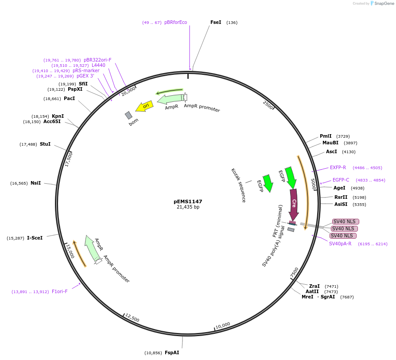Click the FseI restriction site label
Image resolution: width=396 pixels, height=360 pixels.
pyautogui.click(x=216, y=22)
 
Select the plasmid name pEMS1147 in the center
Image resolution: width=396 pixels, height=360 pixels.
pyautogui.click(x=188, y=201)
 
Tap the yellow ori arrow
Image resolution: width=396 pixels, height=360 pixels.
pyautogui.click(x=144, y=106)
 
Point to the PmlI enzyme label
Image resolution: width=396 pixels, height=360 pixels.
pyautogui.click(x=326, y=136)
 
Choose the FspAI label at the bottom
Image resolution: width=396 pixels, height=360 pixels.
pyautogui.click(x=172, y=353)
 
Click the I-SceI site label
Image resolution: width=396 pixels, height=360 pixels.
pyautogui.click(x=35, y=238)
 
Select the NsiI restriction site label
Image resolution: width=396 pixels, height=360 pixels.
pyautogui.click(x=35, y=183)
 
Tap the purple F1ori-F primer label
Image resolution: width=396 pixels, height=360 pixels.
pyautogui.click(x=60, y=291)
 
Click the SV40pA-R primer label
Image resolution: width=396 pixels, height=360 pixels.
pyautogui.click(x=340, y=244)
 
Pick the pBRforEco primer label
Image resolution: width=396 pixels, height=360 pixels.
pyautogui.click(x=175, y=22)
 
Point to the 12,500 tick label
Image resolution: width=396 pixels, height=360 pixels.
pyautogui.click(x=132, y=317)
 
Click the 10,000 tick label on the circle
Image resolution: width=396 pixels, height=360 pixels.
pyautogui.click(x=223, y=325)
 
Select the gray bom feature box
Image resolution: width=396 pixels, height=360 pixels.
pyautogui.click(x=128, y=115)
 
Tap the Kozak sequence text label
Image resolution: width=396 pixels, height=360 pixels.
pyautogui.click(x=238, y=185)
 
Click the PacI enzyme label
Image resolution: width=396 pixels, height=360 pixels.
pyautogui.click(x=69, y=98)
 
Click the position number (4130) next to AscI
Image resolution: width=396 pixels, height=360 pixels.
pyautogui.click(x=349, y=151)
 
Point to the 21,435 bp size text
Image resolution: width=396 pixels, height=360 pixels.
pyautogui.click(x=188, y=207)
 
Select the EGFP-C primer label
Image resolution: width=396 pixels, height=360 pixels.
pyautogui.click(x=341, y=180)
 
